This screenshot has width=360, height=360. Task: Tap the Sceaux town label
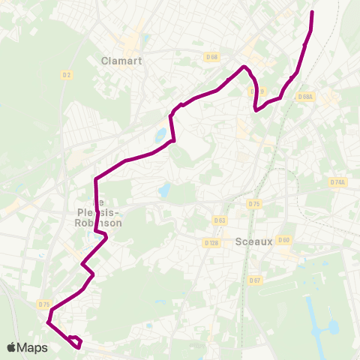pyautogui.click(x=252, y=241)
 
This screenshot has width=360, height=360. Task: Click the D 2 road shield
pyautogui.click(x=67, y=74)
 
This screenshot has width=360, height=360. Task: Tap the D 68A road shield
pyautogui.click(x=305, y=97)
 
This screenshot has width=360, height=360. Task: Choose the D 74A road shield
pyautogui.click(x=337, y=182)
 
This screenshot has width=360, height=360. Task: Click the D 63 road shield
pyautogui.click(x=219, y=220)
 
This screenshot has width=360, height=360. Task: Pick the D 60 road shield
pyautogui.click(x=283, y=240)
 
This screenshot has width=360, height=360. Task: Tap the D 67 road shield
pyautogui.click(x=256, y=280)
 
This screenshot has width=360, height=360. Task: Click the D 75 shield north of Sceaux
pyautogui.click(x=253, y=204)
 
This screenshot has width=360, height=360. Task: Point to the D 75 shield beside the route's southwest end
pyautogui.click(x=43, y=304)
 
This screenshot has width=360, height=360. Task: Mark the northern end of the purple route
pyautogui.click(x=312, y=13)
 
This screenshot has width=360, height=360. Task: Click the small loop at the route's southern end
pyautogui.click(x=74, y=341)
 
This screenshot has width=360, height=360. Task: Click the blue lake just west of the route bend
pyautogui.click(x=160, y=136)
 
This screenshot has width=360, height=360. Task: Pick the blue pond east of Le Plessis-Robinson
pyautogui.click(x=164, y=190)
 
